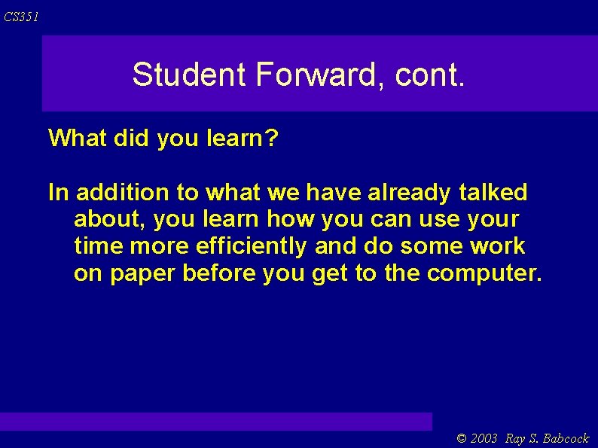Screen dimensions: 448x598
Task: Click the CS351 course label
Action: (x=20, y=17)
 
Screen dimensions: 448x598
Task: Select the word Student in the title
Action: (x=189, y=75)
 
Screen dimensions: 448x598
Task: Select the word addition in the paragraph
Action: (x=123, y=193)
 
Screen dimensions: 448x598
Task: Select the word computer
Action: (x=482, y=273)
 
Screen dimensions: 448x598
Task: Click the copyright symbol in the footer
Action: (x=462, y=438)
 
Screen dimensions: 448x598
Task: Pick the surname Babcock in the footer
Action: (x=566, y=438)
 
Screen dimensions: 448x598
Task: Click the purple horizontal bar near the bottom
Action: (x=216, y=421)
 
